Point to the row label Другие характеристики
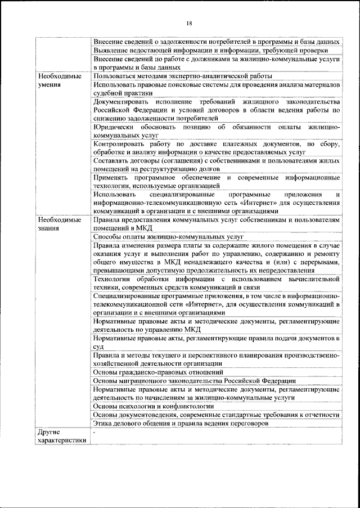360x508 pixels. pyautogui.click(x=61, y=437)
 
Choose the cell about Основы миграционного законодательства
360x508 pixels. pyautogui.click(x=190, y=380)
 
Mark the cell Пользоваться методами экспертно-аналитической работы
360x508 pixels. pyautogui.click(x=183, y=75)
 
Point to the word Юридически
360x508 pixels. pyautogui.click(x=115, y=127)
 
